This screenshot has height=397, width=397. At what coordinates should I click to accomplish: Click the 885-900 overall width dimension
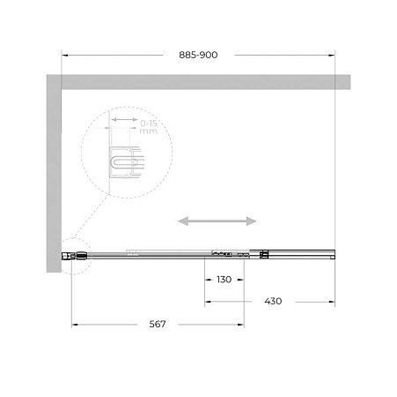(x=199, y=55)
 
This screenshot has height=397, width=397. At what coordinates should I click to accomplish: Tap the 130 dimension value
(x=224, y=280)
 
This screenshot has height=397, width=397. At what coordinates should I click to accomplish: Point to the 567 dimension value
(x=158, y=324)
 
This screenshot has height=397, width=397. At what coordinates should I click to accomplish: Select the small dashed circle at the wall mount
(x=69, y=256)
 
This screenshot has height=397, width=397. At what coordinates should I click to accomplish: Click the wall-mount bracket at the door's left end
(x=70, y=256)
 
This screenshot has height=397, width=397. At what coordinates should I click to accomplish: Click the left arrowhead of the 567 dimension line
(x=74, y=324)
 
